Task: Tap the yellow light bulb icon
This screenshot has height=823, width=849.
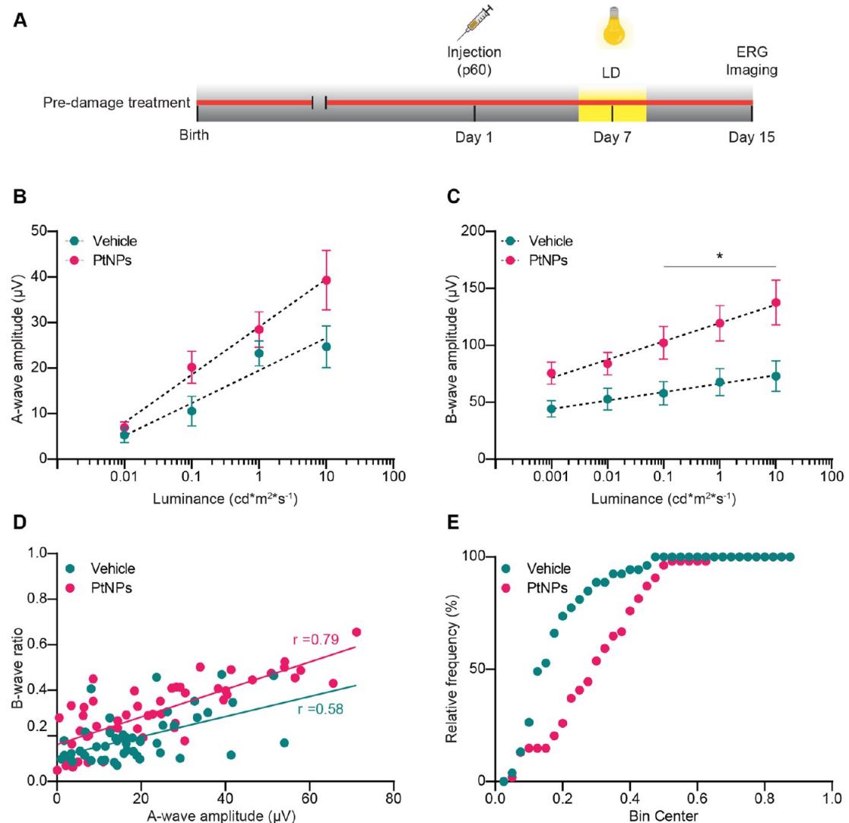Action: tap(612, 24)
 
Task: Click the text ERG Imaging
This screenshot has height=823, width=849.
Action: tap(752, 62)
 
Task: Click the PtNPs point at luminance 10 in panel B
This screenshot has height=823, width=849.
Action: tap(326, 280)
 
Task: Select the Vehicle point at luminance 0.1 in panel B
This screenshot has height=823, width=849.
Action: tap(192, 411)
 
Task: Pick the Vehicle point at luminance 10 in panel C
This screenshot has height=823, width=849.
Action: tap(775, 376)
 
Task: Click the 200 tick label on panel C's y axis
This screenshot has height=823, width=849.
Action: tap(474, 231)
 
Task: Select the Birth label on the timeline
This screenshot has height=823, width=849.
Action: tap(194, 136)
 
